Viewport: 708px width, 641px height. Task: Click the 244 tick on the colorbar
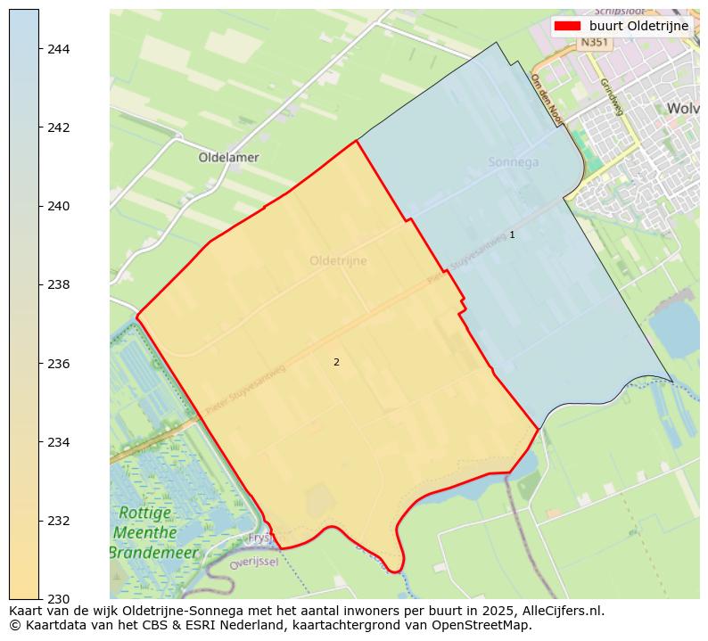pos(59,49)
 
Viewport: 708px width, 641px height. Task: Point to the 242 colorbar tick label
pos(59,127)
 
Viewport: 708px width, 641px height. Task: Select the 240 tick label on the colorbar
pos(59,206)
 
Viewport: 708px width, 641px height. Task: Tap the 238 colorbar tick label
pos(59,284)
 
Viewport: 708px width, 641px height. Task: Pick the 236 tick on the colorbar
pos(59,364)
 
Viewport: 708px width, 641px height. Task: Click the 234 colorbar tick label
pos(59,442)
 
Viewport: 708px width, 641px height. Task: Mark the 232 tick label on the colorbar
pos(59,521)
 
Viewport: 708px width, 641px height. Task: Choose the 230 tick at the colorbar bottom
pos(59,598)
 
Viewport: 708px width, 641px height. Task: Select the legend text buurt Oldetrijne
pos(638,26)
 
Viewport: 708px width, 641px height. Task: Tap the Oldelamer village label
pos(228,158)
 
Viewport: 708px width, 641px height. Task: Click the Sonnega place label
pos(514,162)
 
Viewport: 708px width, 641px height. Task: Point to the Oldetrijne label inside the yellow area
pos(338,261)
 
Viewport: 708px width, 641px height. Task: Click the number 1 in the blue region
pos(512,234)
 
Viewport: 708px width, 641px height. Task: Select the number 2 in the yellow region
pos(336,362)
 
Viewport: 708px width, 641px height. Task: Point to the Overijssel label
pos(254,563)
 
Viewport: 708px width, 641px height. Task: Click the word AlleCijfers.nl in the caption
pos(559,611)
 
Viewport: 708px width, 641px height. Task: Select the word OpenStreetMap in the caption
pos(484,625)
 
